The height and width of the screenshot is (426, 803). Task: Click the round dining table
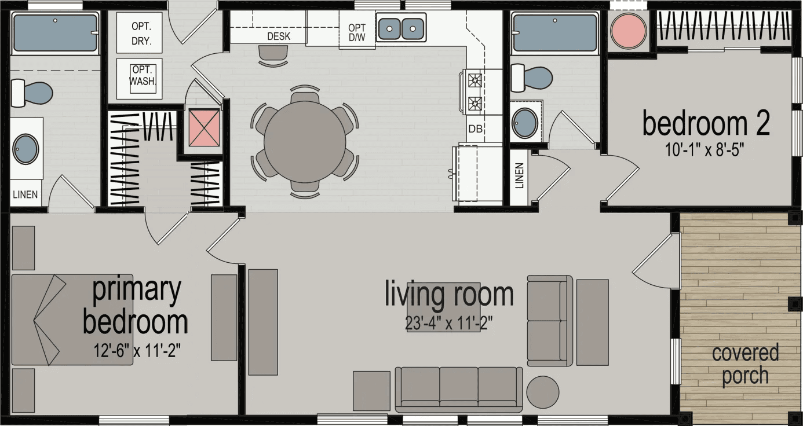coord(305,142)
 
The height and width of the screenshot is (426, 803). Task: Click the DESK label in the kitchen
coord(278,36)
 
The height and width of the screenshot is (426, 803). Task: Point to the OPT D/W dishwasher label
coord(356,34)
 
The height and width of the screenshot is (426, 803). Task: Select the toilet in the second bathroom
coord(531,77)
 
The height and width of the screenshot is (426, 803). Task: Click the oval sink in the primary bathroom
coord(26,149)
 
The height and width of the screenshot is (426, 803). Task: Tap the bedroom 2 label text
coord(706,123)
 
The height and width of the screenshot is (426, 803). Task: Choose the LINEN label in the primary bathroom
coord(25,194)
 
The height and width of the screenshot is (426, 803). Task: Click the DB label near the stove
coord(476,128)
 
